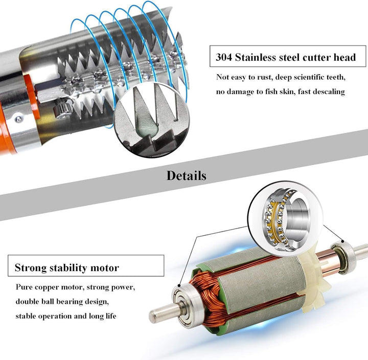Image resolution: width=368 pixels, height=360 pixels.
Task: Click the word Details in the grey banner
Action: click(x=186, y=175)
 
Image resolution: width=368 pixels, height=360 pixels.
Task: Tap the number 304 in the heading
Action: click(x=225, y=57)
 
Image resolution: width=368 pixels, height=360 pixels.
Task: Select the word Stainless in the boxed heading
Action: click(x=260, y=57)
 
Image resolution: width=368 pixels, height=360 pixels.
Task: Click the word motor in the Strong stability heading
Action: click(x=105, y=267)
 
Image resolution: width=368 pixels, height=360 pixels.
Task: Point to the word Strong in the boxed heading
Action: click(x=30, y=267)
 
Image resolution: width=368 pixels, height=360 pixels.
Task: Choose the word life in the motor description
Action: click(x=109, y=316)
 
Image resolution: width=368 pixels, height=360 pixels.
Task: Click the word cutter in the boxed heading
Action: click(x=318, y=57)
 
